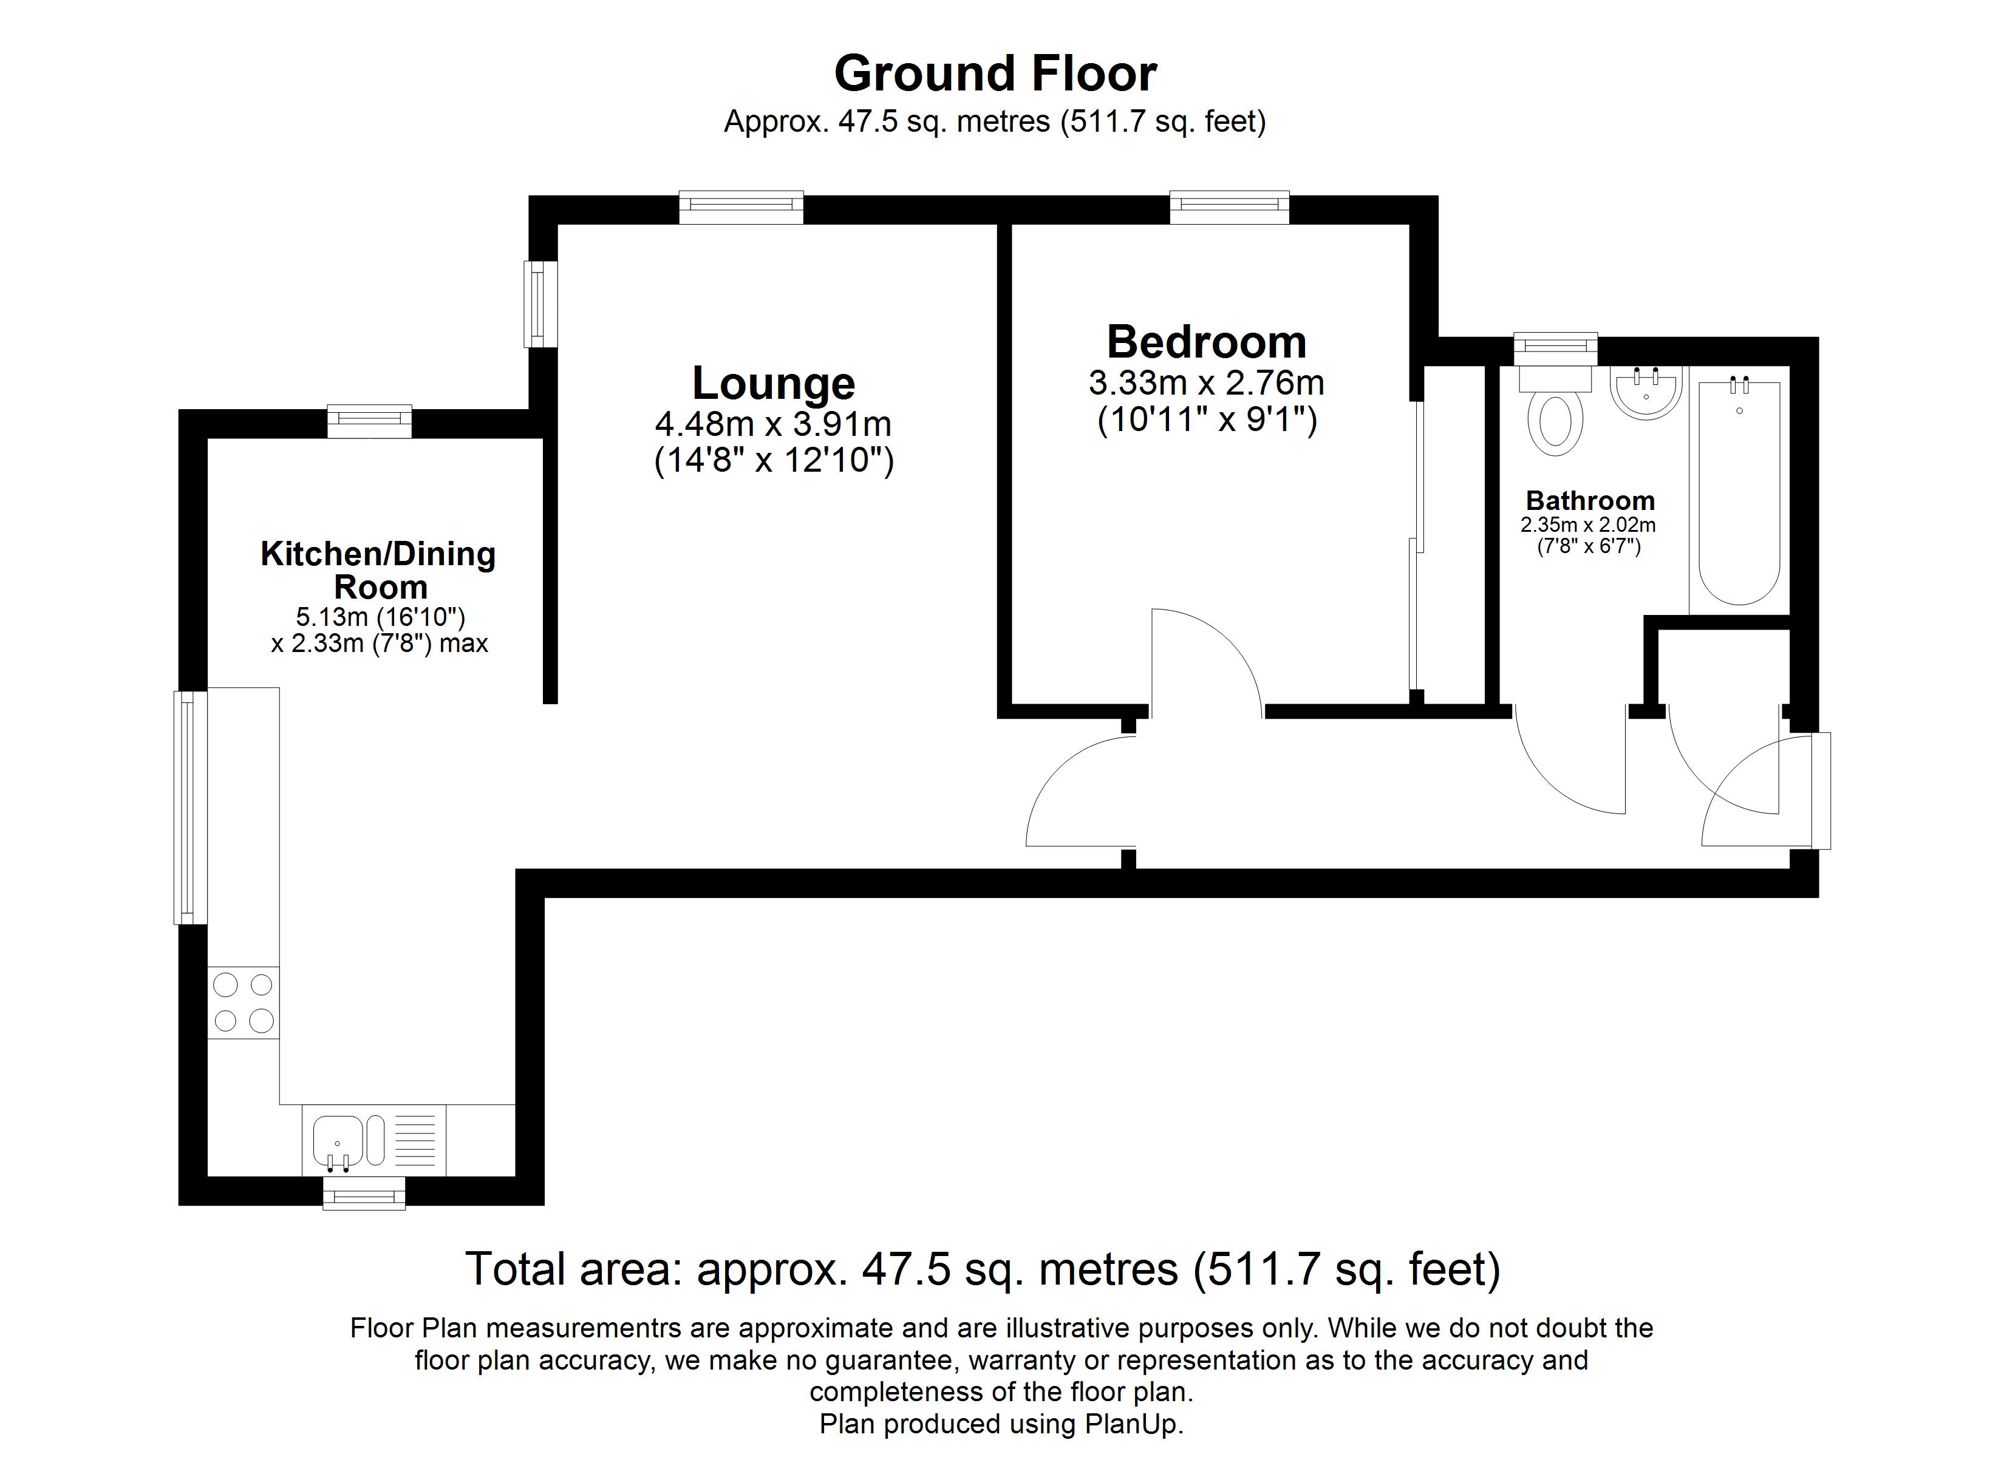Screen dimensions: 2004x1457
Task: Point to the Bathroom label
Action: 1590,501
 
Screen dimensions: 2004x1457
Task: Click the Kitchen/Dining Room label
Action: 379,570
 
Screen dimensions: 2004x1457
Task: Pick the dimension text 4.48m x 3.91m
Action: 773,424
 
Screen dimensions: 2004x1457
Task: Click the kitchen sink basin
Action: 336,1141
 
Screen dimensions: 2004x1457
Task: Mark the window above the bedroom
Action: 1229,207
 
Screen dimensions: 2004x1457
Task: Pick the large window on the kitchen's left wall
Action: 190,807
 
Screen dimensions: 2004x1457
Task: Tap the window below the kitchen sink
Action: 364,1194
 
